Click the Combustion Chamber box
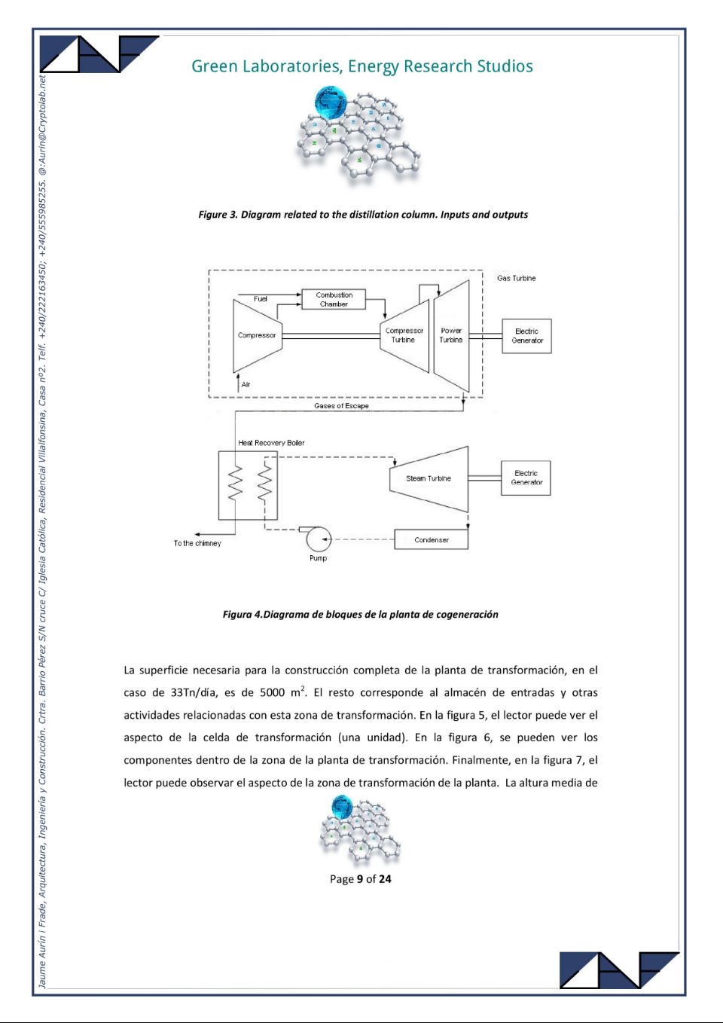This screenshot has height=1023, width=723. [x=334, y=299]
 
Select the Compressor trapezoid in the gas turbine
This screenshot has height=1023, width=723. [x=257, y=336]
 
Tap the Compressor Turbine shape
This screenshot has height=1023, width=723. [x=405, y=336]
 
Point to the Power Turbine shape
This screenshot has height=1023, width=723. [x=451, y=336]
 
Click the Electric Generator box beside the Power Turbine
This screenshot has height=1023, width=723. [x=527, y=336]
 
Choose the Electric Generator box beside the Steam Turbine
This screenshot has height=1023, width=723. [x=526, y=478]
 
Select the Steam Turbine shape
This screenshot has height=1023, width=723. [x=429, y=478]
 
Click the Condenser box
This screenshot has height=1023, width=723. [x=431, y=539]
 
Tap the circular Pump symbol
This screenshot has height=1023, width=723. [x=318, y=539]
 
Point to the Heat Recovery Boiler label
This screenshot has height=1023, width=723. [x=271, y=443]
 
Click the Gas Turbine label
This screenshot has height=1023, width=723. [x=517, y=278]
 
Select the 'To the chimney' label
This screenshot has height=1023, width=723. [x=197, y=543]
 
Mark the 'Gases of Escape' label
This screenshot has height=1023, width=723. [x=341, y=406]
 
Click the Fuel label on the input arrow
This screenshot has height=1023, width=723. [x=260, y=299]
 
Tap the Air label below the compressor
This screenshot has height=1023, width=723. [x=246, y=384]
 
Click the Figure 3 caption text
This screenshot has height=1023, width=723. [x=363, y=215]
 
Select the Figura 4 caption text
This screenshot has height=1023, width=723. [x=360, y=614]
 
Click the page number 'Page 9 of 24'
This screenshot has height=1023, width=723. [x=360, y=879]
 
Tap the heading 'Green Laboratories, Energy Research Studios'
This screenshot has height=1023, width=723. [x=362, y=66]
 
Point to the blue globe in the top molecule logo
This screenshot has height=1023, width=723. [x=331, y=102]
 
